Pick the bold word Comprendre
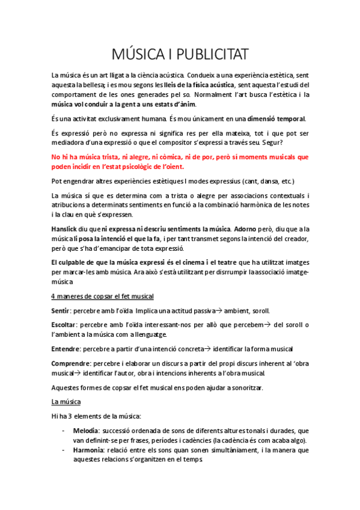click(71, 363)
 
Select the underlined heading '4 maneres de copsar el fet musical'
click(103, 296)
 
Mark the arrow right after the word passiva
click(219, 311)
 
